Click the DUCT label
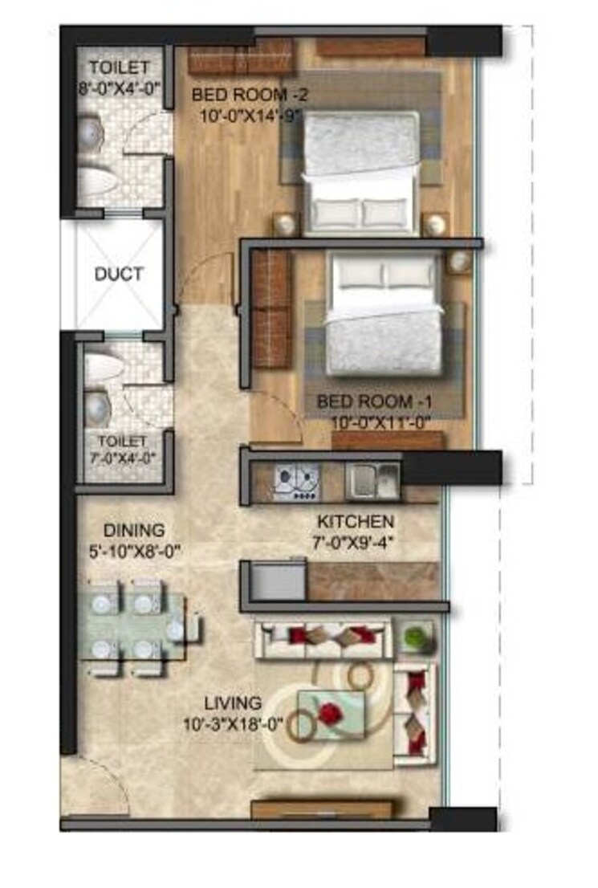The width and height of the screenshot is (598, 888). coord(119,274)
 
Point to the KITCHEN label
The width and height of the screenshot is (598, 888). coord(353,521)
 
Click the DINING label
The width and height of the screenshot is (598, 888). coord(133,530)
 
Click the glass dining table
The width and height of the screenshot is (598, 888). coord(136,626)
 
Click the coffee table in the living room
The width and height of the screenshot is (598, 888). coord(331,713)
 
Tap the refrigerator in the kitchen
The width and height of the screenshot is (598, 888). coord(277,580)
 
